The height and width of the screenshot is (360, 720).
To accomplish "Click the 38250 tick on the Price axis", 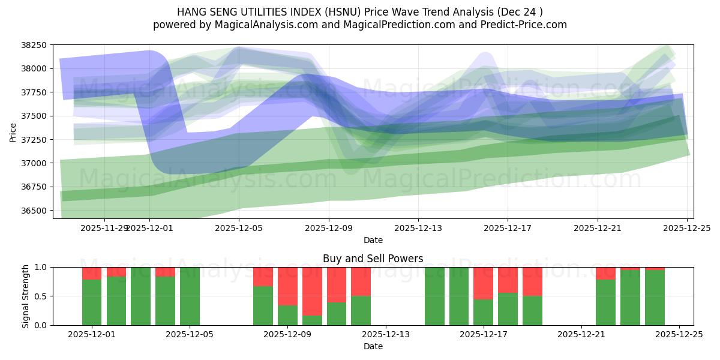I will pos(34,45).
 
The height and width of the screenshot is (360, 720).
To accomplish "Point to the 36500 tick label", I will pos(34,211).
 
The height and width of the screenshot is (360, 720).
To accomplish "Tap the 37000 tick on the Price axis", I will pos(34,163).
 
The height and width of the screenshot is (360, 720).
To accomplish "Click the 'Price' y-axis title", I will pos(13,131).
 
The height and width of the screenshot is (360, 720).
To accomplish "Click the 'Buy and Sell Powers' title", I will pos(373,259).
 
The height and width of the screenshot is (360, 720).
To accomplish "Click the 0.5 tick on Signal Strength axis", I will pos(41,296).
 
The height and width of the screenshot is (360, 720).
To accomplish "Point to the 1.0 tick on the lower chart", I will pos(41,267).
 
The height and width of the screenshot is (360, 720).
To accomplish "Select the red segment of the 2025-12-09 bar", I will pos(287,286).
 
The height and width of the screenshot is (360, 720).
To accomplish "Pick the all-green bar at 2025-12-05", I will pos(190,296).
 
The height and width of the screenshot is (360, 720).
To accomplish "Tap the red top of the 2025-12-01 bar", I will pos(92,273).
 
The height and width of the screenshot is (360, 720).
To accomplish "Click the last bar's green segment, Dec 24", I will pos(655,298).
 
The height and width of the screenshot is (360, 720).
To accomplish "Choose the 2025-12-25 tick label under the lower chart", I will pos(679,334).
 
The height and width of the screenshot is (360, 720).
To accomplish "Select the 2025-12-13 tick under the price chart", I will pos(418,228).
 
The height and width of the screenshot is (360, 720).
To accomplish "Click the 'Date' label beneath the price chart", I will pos(373,240).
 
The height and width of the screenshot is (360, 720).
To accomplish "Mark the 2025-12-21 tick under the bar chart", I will pos(581,334).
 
